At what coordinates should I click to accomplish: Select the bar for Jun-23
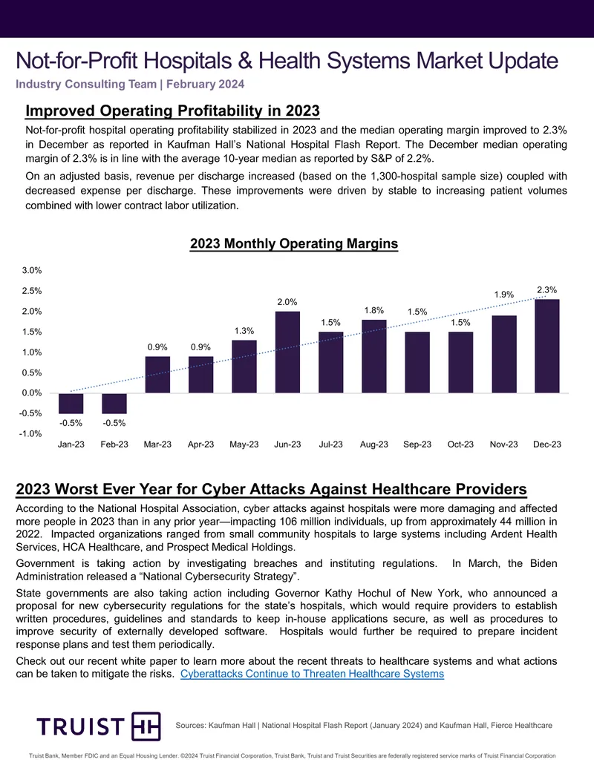(287, 352)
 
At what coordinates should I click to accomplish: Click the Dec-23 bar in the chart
(547, 346)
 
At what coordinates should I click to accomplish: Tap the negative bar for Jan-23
(71, 403)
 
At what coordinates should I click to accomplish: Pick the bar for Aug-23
(374, 356)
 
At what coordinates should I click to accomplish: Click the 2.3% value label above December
(547, 290)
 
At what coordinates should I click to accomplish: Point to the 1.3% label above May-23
(244, 331)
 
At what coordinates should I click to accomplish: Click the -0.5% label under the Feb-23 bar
(114, 423)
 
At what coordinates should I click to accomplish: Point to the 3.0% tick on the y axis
(32, 270)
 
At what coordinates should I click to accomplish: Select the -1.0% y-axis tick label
(30, 434)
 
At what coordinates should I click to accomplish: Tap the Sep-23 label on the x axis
(417, 444)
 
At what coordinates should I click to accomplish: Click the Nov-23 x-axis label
(504, 444)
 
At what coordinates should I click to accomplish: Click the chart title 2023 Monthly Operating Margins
(294, 244)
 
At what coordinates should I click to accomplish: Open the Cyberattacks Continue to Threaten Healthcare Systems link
(312, 674)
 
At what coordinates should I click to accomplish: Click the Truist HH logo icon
(146, 726)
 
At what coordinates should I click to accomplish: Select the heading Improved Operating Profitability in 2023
(172, 111)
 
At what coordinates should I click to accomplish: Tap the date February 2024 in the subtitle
(206, 85)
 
